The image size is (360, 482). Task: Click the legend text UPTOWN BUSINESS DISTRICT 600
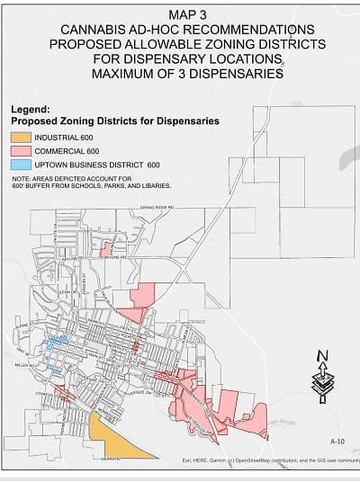pos(99,165)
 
